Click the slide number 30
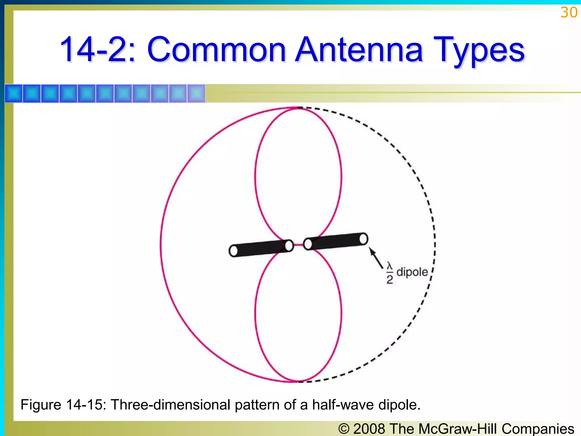coord(569,13)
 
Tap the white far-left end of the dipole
coord(233,251)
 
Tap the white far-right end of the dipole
coord(363,239)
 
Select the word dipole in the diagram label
coord(412,272)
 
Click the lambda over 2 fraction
coord(390,273)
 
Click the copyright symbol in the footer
coord(344,429)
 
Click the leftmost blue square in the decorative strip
coord(14,93)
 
